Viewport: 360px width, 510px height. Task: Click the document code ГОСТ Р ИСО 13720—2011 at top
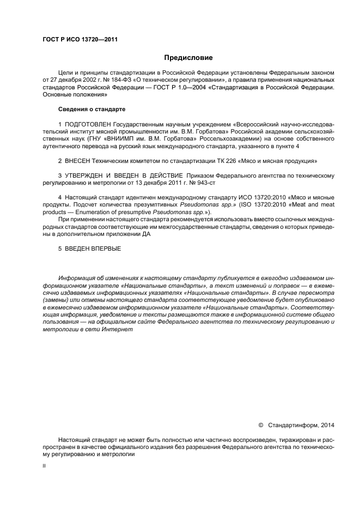click(x=80, y=39)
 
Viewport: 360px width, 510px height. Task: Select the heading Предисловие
click(x=188, y=57)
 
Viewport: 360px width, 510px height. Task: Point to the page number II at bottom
click(x=44, y=466)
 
